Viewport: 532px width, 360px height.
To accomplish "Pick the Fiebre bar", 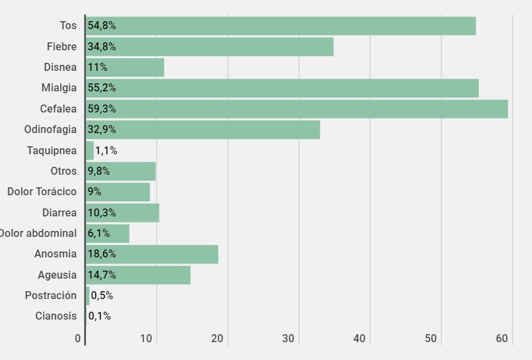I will click(210, 46).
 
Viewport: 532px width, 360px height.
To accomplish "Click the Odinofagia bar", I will click(203, 130).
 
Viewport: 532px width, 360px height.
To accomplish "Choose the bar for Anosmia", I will click(152, 254).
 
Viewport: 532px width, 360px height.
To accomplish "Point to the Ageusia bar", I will click(138, 275).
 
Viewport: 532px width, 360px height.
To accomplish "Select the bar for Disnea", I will click(125, 67).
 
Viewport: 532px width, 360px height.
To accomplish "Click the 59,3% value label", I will click(101, 109).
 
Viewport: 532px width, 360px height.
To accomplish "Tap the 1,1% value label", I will click(106, 151).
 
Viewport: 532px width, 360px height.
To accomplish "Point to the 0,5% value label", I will click(102, 296).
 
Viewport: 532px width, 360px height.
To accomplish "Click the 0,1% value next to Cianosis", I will click(99, 316).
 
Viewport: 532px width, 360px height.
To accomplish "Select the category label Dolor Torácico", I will click(42, 192).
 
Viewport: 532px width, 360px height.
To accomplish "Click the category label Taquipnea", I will click(52, 151).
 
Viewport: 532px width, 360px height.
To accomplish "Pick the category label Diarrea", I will click(60, 212).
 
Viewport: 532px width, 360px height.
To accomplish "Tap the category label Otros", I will click(64, 171).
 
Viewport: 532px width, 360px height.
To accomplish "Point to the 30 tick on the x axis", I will click(288, 339).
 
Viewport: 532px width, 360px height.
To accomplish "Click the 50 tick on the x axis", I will click(431, 339).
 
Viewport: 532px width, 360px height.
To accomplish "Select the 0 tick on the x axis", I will click(78, 339).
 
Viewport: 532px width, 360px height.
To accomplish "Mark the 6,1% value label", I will click(99, 234).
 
